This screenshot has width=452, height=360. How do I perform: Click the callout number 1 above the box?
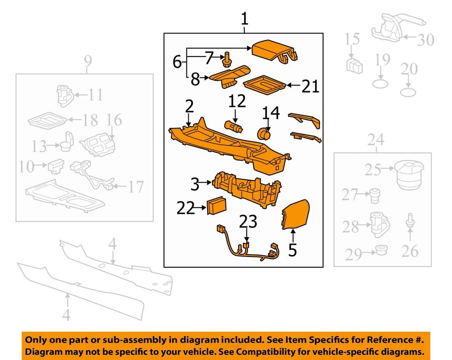pos(244,19)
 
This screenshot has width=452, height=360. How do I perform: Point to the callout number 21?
pos(310,86)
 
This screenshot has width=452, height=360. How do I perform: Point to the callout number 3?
pos(195,184)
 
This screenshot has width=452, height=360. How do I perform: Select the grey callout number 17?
pos(135,187)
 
